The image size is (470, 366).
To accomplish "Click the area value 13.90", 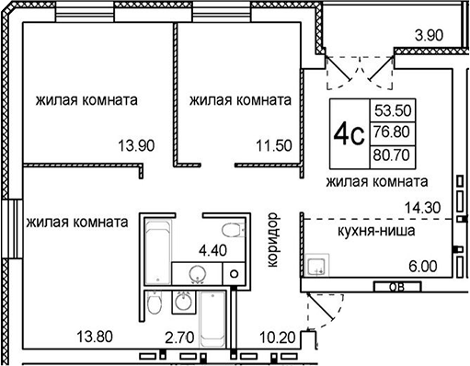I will (134, 145).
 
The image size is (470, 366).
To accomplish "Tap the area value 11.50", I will (273, 145).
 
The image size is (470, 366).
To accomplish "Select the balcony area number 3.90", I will (430, 36).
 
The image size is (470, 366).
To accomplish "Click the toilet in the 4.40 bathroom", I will (233, 228).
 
